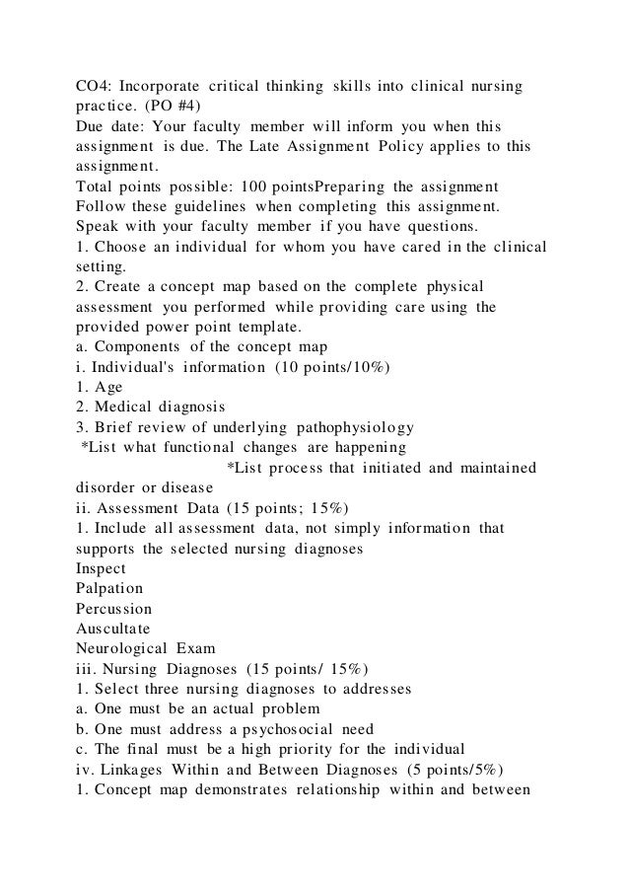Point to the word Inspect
[x=101, y=567]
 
